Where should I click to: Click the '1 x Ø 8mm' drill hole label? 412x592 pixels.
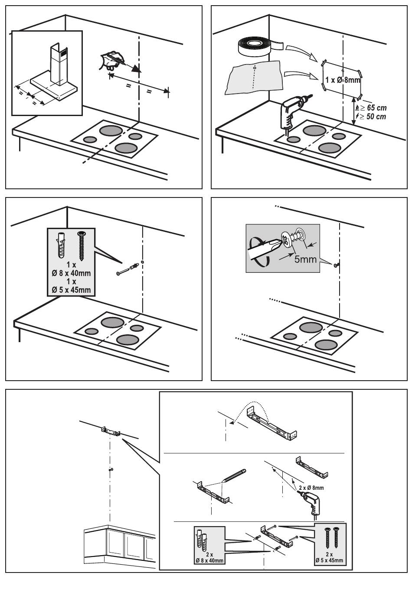pos(343,80)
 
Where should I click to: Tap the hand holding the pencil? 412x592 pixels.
pos(110,60)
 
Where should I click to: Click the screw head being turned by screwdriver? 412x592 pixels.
pos(288,240)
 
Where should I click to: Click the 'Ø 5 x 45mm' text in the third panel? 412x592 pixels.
pos(72,290)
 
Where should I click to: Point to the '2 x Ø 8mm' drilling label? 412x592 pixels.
pos(311,487)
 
